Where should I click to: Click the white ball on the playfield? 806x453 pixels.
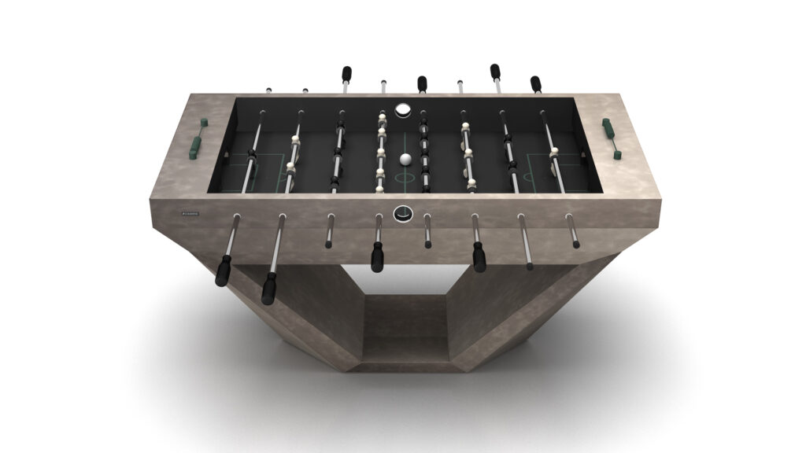[x=405, y=160]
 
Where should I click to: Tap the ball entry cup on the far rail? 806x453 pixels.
[x=403, y=109]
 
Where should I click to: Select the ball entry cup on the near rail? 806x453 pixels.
[x=403, y=211]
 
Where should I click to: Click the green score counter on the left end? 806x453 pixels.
[x=195, y=139]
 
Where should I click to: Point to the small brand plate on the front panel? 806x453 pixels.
[x=190, y=213]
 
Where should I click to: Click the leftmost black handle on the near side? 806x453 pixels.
[x=224, y=271]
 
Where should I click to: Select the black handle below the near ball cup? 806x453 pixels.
[x=378, y=256]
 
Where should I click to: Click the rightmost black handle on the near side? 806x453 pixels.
[x=479, y=256]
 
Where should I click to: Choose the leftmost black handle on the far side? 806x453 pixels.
[x=346, y=75]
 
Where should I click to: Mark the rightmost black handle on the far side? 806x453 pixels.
[x=536, y=83]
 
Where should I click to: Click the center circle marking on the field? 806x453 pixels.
[x=405, y=177]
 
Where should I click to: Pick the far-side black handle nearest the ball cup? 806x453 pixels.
[x=422, y=83]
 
